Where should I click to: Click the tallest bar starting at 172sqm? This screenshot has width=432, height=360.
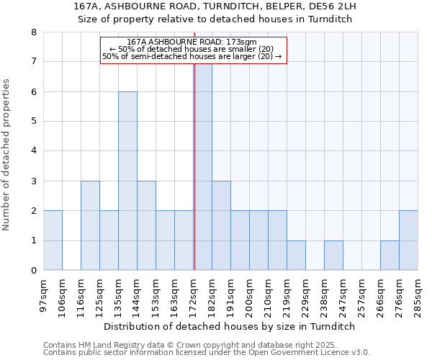coord(203,166)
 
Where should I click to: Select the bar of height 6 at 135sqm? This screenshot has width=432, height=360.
coord(127,181)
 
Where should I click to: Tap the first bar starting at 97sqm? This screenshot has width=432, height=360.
coord(53,240)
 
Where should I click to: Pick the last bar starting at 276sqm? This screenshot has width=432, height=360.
coord(408,240)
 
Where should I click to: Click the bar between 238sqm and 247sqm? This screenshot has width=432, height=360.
coord(333,256)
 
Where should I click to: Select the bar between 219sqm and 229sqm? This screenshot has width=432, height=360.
coord(296,256)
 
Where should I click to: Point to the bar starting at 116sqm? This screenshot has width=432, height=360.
coord(90,225)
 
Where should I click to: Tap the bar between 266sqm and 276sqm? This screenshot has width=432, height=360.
coord(390,256)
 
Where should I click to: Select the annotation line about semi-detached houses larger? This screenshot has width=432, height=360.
coord(192,56)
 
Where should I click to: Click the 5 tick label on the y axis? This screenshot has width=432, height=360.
coord(33,122)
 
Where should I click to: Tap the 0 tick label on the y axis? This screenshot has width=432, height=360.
coord(33,271)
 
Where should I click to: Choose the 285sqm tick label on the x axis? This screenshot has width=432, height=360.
coord(418,294)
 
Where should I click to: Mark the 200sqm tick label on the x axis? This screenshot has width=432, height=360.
coord(249,294)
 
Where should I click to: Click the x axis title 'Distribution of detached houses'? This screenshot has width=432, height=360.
coord(230,326)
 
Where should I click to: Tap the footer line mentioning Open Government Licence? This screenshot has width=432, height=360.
coord(207,353)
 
